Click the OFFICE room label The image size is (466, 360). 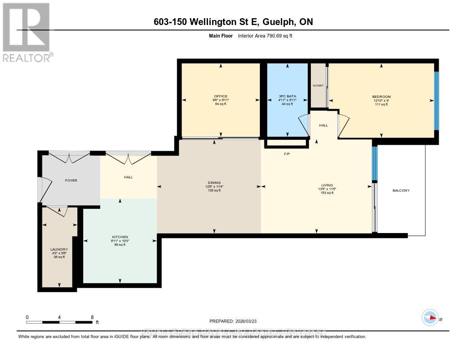coord(220,96)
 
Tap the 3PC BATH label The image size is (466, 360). coord(287,96)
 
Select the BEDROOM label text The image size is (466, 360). coord(381,96)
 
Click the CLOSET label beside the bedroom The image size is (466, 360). coord(318,86)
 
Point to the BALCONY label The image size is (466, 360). coord(401,190)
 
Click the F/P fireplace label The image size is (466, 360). coord(287,154)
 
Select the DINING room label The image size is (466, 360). coord(214,183)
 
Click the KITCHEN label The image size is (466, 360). coord(120,237)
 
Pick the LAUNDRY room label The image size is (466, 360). coord(59,249)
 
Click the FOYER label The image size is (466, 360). coord(71,180)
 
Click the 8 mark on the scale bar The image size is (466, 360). coord(92,317)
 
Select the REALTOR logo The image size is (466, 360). coord(26,32)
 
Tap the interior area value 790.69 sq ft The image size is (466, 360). coord(277,35)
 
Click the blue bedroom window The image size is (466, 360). coord(436,100)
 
